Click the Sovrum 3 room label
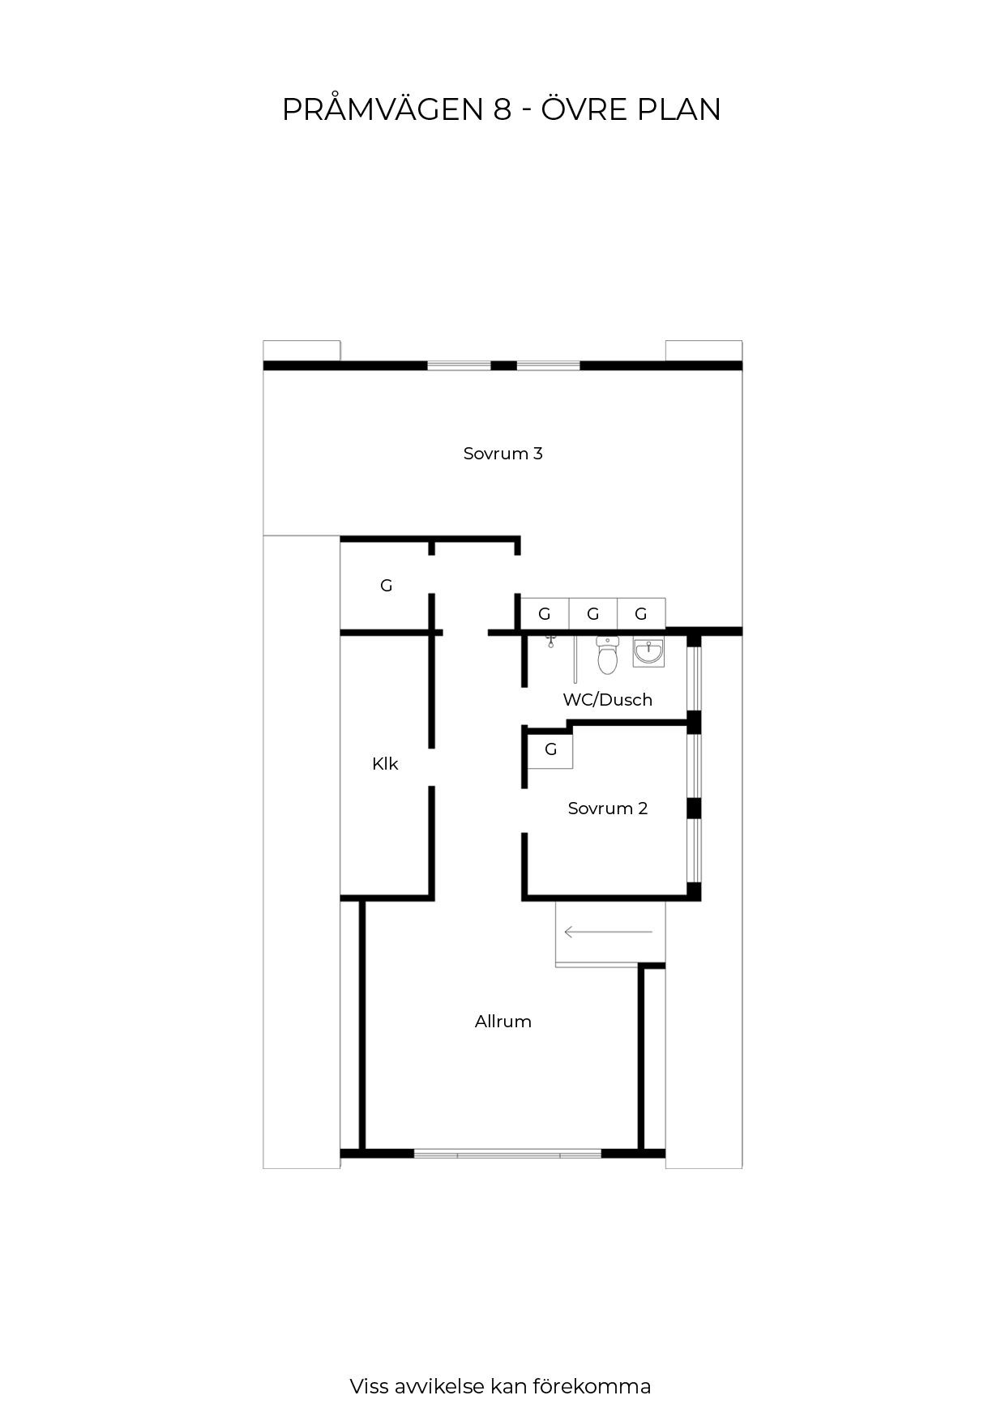[x=502, y=454]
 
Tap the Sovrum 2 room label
[x=608, y=809]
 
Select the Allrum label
[x=503, y=1022]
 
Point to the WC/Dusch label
[x=608, y=700]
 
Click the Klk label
[x=385, y=764]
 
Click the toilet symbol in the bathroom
[x=608, y=655]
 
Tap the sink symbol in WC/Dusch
[x=648, y=652]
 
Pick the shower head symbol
[x=551, y=642]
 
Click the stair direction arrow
[x=608, y=932]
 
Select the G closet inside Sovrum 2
[x=551, y=750]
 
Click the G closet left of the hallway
[x=387, y=585]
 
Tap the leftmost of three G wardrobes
[x=545, y=613]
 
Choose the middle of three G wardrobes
[x=593, y=613]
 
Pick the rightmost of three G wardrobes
[x=641, y=613]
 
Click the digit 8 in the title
[x=502, y=109]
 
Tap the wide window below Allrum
[x=507, y=1153]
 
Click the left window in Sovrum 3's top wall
[x=460, y=365]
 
